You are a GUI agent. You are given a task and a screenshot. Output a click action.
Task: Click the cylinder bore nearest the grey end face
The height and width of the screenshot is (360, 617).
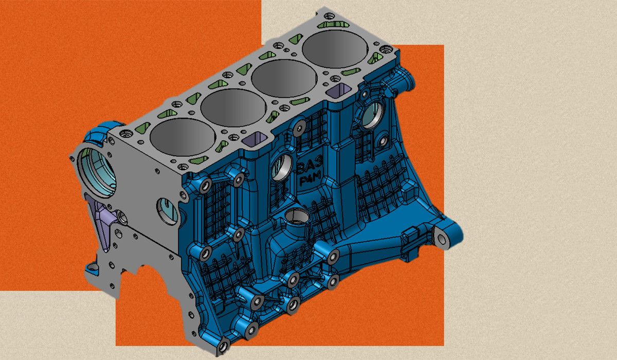(183, 137)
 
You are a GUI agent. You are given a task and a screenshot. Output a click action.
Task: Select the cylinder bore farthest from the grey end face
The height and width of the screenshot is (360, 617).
(335, 49)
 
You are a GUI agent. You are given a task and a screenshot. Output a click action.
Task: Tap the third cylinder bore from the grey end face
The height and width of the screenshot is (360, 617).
(284, 78)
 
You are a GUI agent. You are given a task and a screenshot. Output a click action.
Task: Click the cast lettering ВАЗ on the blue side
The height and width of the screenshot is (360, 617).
(310, 166)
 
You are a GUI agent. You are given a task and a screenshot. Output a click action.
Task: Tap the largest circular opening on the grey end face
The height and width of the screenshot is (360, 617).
(97, 172)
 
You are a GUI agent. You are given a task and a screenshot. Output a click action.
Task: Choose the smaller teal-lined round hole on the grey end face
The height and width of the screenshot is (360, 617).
(168, 211)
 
